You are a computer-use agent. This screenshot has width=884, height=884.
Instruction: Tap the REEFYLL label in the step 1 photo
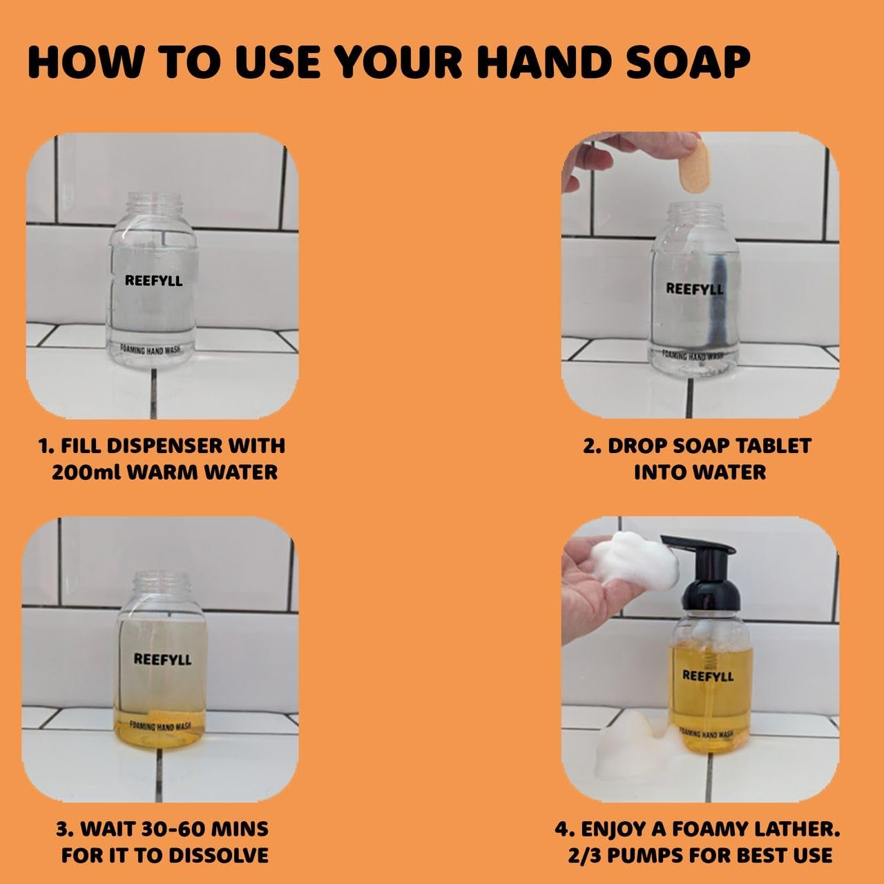pyautogui.click(x=154, y=281)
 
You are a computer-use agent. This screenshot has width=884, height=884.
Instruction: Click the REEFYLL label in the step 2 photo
pyautogui.click(x=694, y=289)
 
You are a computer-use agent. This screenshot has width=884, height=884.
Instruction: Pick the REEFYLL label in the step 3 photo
pyautogui.click(x=162, y=660)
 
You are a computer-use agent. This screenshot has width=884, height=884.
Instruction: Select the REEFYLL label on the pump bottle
pyautogui.click(x=707, y=675)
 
